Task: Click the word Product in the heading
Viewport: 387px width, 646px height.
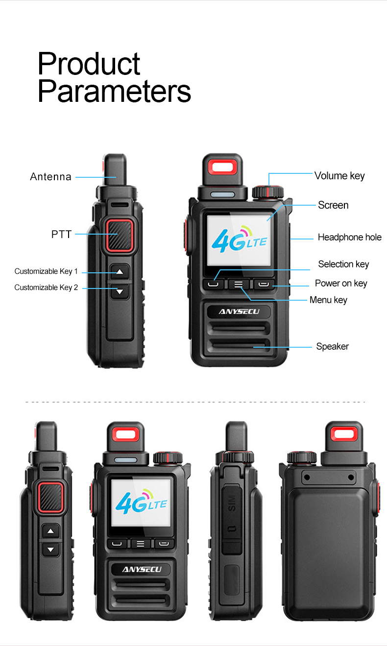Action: [89, 64]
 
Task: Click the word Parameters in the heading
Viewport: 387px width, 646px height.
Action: [114, 91]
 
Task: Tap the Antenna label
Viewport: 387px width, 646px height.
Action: [51, 176]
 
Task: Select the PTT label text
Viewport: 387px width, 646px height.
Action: [61, 234]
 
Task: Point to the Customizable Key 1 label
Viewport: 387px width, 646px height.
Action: [46, 271]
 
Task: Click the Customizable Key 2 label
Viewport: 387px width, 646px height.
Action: [46, 287]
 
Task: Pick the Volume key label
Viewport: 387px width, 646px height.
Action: [339, 176]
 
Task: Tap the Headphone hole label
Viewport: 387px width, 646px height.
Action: [349, 237]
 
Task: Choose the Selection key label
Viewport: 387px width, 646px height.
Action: [343, 264]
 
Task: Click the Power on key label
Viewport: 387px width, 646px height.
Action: [341, 284]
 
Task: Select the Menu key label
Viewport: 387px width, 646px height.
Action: [328, 300]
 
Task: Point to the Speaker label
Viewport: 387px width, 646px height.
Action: [332, 346]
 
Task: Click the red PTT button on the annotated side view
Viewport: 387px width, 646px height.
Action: [120, 235]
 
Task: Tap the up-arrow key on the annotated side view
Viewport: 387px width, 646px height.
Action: [120, 272]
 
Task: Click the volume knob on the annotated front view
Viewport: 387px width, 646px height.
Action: [268, 192]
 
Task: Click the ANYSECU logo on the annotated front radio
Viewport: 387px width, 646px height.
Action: [239, 311]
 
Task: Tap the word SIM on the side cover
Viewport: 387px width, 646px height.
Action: [232, 503]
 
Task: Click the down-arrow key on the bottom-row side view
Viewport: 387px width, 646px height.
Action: [51, 550]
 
